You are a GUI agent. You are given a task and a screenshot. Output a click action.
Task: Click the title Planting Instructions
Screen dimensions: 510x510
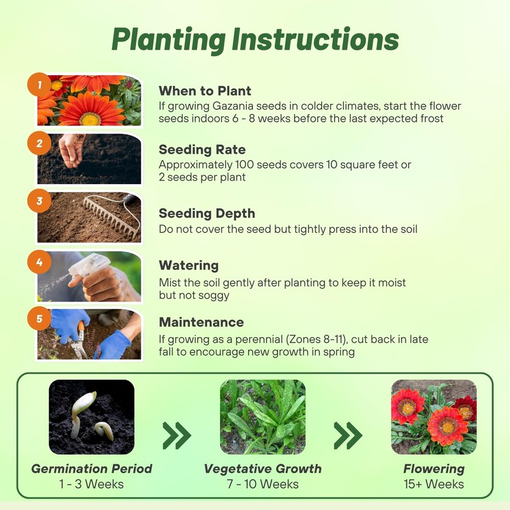click(255, 40)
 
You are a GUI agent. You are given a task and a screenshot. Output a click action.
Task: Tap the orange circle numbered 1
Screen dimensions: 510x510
click(40, 84)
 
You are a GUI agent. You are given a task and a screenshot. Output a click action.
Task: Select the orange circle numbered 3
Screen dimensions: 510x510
click(40, 202)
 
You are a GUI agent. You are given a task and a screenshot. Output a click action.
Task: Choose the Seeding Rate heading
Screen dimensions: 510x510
click(202, 150)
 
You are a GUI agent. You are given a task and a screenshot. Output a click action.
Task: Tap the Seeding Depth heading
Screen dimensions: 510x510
click(207, 214)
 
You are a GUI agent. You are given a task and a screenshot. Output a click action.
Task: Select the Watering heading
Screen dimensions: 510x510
click(189, 265)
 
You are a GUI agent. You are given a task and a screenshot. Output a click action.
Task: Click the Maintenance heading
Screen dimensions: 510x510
click(201, 323)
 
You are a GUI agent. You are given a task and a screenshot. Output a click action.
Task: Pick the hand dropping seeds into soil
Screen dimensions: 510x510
click(72, 150)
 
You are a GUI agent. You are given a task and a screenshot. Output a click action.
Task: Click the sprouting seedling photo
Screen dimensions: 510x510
click(91, 417)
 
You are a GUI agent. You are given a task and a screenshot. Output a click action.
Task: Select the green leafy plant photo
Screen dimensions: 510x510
click(262, 417)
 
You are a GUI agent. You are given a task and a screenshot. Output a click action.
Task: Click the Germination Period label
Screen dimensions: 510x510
click(92, 469)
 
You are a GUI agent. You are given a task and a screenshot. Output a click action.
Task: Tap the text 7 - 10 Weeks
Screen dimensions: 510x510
click(262, 484)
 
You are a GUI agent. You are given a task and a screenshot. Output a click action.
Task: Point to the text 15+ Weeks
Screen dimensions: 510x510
click(433, 484)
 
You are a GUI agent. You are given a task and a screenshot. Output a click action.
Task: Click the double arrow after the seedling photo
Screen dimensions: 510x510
click(177, 435)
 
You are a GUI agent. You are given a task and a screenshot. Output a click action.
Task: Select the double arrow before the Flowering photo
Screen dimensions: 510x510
click(348, 435)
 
